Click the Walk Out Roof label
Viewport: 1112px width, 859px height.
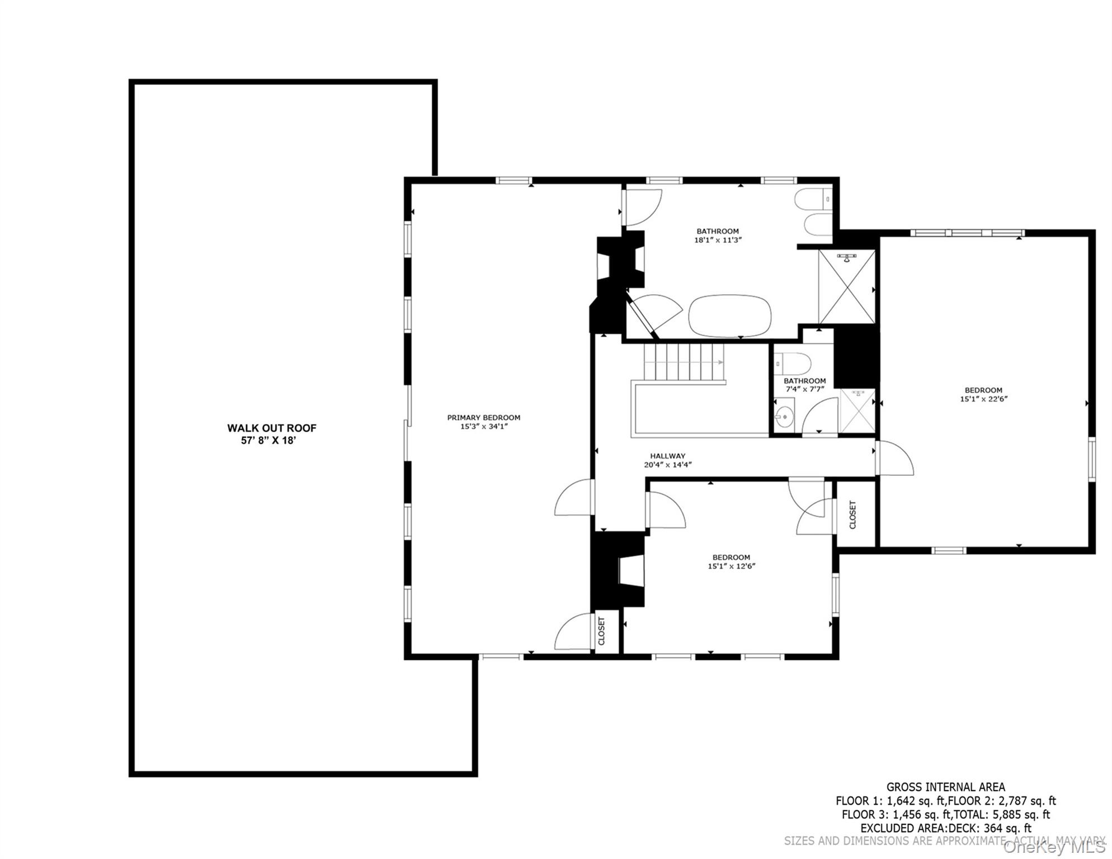pyautogui.click(x=271, y=428)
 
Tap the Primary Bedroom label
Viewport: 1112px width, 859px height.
pyautogui.click(x=484, y=418)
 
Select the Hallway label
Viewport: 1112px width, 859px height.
pyautogui.click(x=668, y=456)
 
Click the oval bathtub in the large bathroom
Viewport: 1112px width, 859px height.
pyautogui.click(x=730, y=316)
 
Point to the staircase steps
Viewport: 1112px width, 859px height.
pyautogui.click(x=684, y=362)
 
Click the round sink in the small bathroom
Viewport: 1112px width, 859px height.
pyautogui.click(x=785, y=415)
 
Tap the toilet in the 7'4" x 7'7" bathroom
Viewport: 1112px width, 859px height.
pyautogui.click(x=793, y=364)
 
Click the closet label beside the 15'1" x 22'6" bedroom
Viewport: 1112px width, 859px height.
pyautogui.click(x=853, y=515)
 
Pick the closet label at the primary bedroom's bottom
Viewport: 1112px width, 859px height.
pyautogui.click(x=602, y=631)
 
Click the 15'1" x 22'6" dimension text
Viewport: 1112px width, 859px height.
pyautogui.click(x=984, y=399)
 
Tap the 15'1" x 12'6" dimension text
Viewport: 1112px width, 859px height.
pyautogui.click(x=732, y=566)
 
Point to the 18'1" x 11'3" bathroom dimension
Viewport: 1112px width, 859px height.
pyautogui.click(x=718, y=240)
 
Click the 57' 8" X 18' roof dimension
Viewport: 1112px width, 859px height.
pyautogui.click(x=268, y=441)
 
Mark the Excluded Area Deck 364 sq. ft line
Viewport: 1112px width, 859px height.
pyautogui.click(x=946, y=829)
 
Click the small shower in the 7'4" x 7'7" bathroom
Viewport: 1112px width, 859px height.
pyautogui.click(x=857, y=411)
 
